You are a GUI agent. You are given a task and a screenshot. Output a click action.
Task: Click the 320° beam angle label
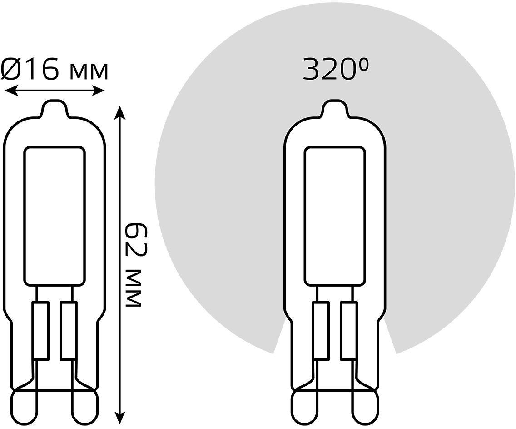335,70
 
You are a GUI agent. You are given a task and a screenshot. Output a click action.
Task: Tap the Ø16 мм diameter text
55,69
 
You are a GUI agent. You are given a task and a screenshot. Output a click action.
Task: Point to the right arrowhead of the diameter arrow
98,91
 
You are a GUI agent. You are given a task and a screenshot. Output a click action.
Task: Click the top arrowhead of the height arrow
121,113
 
